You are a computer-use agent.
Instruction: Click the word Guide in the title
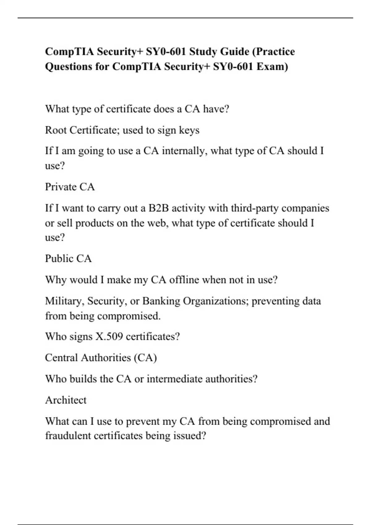[x=234, y=51]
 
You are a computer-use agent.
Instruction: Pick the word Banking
[x=161, y=301]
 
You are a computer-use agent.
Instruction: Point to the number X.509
[x=109, y=336]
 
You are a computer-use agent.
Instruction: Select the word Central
[x=61, y=358]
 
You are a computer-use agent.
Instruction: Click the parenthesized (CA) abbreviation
[x=145, y=358]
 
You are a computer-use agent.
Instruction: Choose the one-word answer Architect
[x=66, y=400]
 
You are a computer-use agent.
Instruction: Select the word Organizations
[x=216, y=301]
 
